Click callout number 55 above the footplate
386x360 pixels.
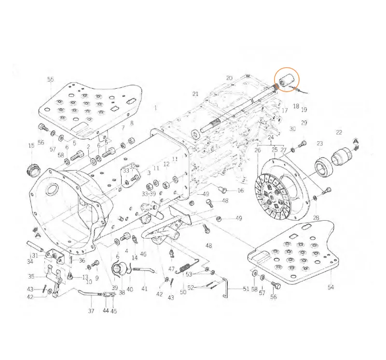(51, 80)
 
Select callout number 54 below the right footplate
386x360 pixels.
(331, 287)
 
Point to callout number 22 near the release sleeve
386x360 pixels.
(339, 133)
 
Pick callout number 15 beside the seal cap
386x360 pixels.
(31, 146)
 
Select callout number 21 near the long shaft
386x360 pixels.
(195, 93)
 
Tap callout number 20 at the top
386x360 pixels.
(229, 78)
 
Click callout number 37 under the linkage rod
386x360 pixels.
(91, 311)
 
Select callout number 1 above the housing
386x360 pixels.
(156, 108)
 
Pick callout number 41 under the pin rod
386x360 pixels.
(144, 289)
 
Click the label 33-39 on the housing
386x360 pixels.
(149, 193)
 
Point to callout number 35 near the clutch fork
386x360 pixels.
(31, 277)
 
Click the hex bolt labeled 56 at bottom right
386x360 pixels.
(276, 285)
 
